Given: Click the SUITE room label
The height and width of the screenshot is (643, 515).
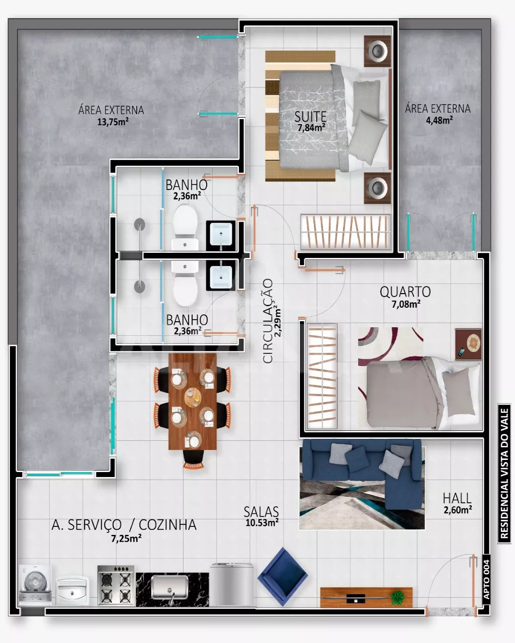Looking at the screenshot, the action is click(310, 117).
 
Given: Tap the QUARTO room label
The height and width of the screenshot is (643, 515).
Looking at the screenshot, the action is click(405, 292).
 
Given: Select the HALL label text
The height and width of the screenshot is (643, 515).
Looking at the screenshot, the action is click(457, 498).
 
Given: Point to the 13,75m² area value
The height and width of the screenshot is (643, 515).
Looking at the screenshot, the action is click(113, 122).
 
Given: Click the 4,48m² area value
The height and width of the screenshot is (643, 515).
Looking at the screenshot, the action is click(439, 120).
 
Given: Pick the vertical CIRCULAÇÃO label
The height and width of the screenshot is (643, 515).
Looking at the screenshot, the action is click(268, 321).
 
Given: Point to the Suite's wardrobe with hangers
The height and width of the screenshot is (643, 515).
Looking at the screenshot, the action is click(346, 232).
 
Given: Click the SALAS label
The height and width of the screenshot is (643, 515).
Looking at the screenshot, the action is click(261, 511).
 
